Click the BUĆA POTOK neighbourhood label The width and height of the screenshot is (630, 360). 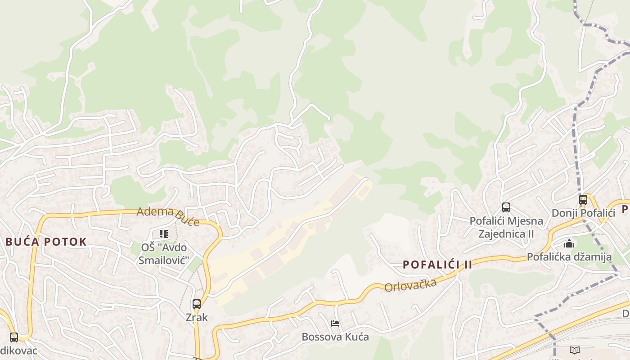point(46,242)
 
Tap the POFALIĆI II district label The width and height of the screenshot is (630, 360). point(437,265)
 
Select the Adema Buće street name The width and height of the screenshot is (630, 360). point(168,216)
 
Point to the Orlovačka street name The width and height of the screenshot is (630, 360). point(410,285)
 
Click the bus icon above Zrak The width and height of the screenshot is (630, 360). point(197,304)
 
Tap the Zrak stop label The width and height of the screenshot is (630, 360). point(197,317)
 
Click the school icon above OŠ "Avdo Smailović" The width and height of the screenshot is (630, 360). point(164,234)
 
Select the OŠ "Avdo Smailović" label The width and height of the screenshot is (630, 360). point(164,254)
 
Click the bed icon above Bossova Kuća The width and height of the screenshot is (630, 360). point(335,324)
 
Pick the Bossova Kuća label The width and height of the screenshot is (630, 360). point(335,337)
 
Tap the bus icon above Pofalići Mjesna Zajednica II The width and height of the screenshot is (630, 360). point(506,207)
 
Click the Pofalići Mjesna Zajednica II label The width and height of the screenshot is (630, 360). point(506,227)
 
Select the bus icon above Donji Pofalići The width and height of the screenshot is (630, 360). point(583,199)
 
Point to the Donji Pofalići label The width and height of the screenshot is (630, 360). point(583,213)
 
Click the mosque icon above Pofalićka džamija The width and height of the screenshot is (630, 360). point(569,243)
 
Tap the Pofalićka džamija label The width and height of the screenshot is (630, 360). point(569,257)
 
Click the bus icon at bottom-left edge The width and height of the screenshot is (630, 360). point(14,337)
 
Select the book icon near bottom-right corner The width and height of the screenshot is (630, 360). point(574,351)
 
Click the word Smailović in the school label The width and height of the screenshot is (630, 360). point(164,260)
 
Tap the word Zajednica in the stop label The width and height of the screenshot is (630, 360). point(503,234)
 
